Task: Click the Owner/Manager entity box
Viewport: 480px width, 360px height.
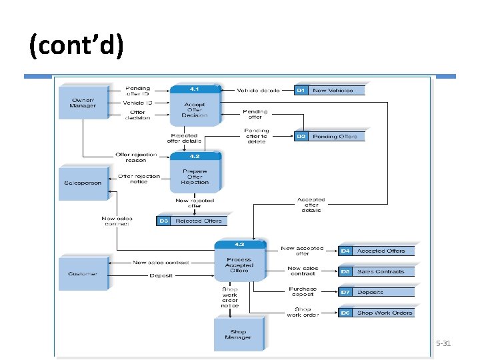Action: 83,106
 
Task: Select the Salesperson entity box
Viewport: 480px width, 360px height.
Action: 83,182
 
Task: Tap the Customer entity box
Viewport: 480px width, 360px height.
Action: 83,273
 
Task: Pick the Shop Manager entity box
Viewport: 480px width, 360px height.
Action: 238,334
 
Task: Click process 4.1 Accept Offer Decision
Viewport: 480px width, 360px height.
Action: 195,105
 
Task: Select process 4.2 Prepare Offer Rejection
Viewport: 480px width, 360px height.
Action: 195,173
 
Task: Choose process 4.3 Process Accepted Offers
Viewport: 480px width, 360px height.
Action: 239,260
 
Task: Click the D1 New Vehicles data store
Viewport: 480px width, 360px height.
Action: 329,90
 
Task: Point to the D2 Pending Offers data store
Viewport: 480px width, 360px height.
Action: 329,136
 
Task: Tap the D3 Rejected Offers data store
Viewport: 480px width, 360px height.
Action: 191,221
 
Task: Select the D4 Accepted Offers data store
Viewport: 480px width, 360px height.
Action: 376,251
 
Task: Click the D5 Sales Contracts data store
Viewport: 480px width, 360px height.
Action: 376,271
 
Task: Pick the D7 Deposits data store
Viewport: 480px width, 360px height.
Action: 376,292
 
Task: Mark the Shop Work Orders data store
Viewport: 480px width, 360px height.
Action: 376,313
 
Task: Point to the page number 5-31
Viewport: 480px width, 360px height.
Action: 443,343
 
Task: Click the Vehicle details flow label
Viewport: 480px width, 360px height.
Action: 258,89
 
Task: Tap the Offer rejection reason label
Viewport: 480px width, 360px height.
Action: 136,157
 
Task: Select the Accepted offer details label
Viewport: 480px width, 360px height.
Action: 311,205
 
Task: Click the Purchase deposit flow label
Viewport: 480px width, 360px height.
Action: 303,292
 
